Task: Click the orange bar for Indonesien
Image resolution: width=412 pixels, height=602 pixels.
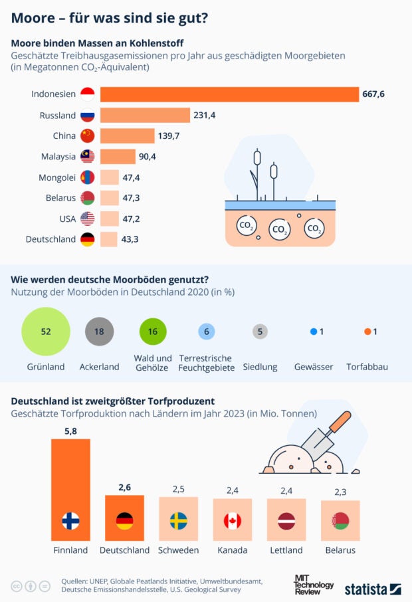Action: tap(229, 94)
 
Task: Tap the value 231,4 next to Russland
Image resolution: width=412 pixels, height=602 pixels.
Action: tap(205, 116)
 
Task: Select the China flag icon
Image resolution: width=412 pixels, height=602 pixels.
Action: tap(87, 136)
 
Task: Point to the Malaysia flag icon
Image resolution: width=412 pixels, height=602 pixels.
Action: tap(87, 157)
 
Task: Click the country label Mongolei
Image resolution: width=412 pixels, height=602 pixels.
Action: tap(58, 177)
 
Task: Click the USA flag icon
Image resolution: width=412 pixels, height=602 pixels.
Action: tap(87, 219)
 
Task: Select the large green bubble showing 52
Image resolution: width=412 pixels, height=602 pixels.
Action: tap(46, 332)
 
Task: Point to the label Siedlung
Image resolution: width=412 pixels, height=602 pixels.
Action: tap(260, 367)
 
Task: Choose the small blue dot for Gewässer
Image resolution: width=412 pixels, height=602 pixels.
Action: tap(313, 332)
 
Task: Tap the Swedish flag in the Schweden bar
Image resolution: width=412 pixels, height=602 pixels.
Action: tap(178, 521)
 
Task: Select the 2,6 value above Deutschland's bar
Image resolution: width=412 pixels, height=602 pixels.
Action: tap(124, 488)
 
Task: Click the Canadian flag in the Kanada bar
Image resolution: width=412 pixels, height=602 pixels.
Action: tap(232, 521)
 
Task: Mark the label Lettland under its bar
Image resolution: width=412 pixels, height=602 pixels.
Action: tap(286, 550)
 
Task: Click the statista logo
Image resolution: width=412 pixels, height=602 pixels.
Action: tap(372, 589)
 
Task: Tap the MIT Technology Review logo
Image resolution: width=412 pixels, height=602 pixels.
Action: tap(314, 585)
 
